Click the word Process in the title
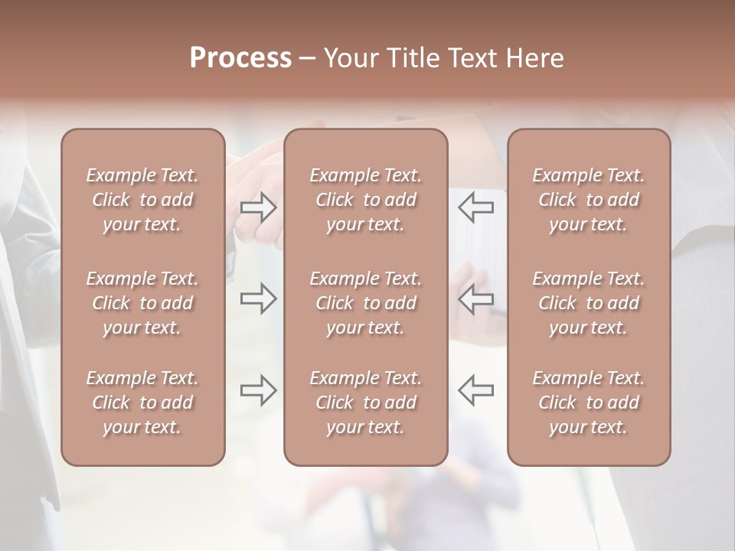coord(240,58)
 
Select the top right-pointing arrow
coord(259,207)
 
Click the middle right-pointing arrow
coord(259,298)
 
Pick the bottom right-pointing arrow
coord(259,390)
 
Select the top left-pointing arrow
coord(475,207)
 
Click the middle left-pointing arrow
coord(475,298)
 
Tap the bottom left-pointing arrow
coord(475,390)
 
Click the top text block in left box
coord(142,200)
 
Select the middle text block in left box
coord(142,303)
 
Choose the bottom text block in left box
coord(142,403)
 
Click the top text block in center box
coord(365,200)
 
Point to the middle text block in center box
coord(365,303)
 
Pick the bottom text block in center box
coord(365,403)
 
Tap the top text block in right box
coord(589,200)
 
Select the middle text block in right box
coord(589,303)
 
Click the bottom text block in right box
coord(589,403)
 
